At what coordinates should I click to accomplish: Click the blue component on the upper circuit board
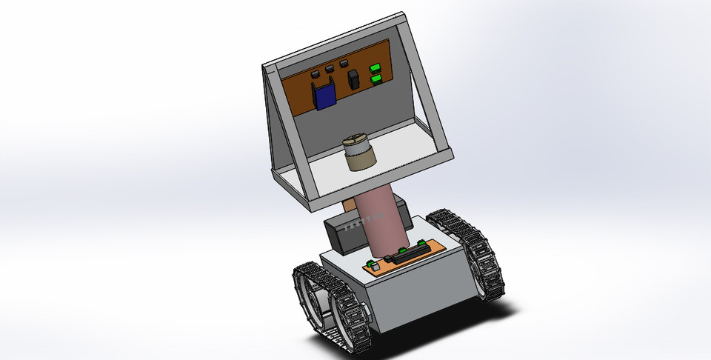tap(324, 96)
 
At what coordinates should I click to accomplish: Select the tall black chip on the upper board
tap(354, 79)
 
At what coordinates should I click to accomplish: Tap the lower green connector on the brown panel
tap(375, 78)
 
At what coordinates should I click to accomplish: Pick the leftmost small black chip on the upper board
tap(314, 74)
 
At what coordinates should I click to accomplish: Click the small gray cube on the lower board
tap(373, 266)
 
